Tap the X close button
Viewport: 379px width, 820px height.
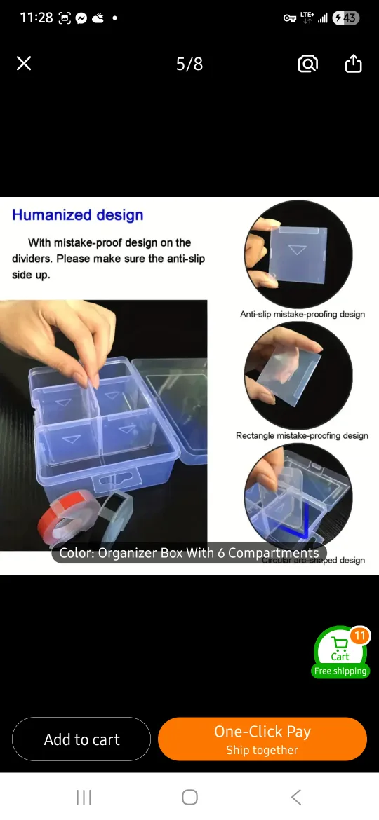click(x=24, y=64)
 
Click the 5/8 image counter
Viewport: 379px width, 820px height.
click(x=189, y=64)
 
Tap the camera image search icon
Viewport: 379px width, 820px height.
click(x=307, y=64)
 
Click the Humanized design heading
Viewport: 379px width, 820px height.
click(x=78, y=215)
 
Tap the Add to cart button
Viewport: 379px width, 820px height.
click(x=81, y=739)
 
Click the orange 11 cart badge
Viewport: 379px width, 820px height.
click(x=359, y=636)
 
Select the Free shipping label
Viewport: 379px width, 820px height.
click(x=340, y=671)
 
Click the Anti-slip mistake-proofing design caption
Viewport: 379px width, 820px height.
click(x=302, y=315)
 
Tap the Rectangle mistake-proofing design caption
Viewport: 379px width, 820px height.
click(x=302, y=436)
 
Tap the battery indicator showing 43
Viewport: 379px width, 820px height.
click(x=346, y=18)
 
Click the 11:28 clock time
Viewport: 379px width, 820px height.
click(x=36, y=18)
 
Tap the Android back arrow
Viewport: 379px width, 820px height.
click(x=296, y=797)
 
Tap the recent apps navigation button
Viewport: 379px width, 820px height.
click(x=84, y=797)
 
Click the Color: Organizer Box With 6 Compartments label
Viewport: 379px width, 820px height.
click(x=189, y=553)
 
